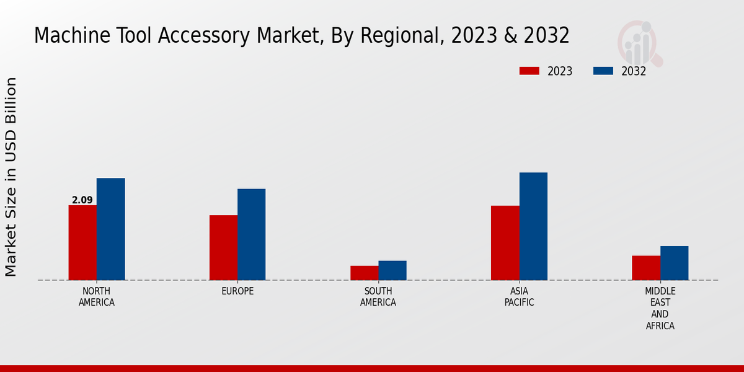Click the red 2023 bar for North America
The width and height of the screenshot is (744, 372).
pyautogui.click(x=82, y=242)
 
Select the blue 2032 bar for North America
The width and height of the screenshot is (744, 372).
pyautogui.click(x=111, y=229)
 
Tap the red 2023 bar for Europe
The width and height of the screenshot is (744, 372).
pyautogui.click(x=223, y=247)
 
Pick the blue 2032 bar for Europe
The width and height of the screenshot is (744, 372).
pyautogui.click(x=252, y=234)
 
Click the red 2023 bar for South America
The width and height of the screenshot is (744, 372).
pyautogui.click(x=364, y=273)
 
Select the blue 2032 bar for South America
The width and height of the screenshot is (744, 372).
pyautogui.click(x=392, y=270)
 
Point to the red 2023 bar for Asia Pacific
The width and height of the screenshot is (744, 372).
pyautogui.click(x=505, y=242)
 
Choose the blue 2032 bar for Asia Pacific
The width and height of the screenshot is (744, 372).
pyautogui.click(x=533, y=226)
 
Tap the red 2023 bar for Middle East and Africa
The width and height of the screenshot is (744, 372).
pyautogui.click(x=646, y=268)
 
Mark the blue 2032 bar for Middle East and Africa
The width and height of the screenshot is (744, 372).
pyautogui.click(x=675, y=263)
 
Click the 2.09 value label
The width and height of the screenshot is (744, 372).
pyautogui.click(x=82, y=200)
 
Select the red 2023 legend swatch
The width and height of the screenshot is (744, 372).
pyautogui.click(x=529, y=71)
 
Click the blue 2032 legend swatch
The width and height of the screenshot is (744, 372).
pyautogui.click(x=603, y=71)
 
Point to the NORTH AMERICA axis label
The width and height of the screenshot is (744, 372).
pyautogui.click(x=97, y=297)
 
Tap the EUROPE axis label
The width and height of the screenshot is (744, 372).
pyautogui.click(x=237, y=291)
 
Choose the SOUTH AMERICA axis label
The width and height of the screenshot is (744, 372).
pyautogui.click(x=378, y=297)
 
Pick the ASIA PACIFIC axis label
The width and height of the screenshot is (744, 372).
pyautogui.click(x=519, y=297)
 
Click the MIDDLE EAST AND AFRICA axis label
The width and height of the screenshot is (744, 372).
pyautogui.click(x=660, y=308)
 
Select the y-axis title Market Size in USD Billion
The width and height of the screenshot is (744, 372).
pyautogui.click(x=11, y=177)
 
